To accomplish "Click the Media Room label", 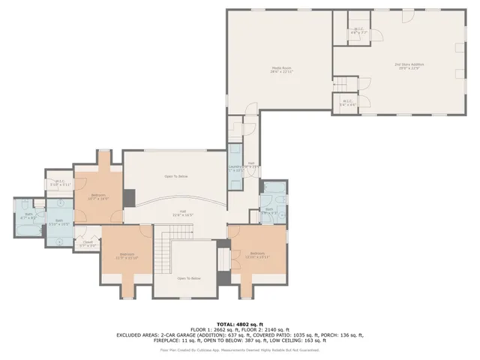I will point(282,70).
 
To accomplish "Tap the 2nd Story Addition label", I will point(407,67).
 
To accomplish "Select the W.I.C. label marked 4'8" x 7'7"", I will point(358,31).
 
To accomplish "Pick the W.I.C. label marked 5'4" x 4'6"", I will point(347,102).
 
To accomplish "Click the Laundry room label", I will point(235,168).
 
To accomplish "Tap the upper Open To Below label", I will point(175,175).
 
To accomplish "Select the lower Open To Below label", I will point(189,278).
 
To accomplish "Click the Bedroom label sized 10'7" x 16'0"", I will point(98,197).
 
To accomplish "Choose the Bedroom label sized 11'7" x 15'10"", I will point(125,256).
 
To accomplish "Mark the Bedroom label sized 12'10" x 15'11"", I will point(258,255).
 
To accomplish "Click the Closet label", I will point(88,243).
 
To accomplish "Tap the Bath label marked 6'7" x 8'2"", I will point(29,215).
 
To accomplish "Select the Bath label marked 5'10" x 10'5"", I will point(60,222).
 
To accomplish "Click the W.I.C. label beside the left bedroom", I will point(60,182).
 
